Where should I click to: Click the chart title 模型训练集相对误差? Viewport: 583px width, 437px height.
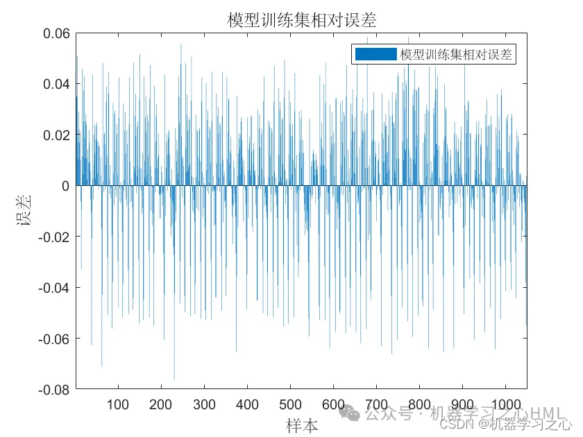(302, 20)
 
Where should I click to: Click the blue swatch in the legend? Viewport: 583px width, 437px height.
(375, 55)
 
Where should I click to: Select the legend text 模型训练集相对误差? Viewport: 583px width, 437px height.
(456, 55)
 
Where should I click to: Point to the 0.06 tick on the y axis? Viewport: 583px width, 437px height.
(56, 33)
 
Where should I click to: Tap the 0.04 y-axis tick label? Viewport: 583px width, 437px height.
(56, 84)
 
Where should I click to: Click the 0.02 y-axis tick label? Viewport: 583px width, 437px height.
(56, 135)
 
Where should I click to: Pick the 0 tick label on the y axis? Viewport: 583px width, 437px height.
(66, 186)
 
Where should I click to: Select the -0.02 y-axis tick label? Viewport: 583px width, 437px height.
(53, 237)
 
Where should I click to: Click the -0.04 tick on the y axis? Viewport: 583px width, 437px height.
(53, 287)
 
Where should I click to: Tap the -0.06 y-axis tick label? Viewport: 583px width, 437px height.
(53, 339)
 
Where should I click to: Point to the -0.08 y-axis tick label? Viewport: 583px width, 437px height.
(53, 389)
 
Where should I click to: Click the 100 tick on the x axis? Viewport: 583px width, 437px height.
(118, 405)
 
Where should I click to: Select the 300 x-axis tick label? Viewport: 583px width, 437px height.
(204, 405)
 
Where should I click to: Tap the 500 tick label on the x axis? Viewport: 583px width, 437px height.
(290, 405)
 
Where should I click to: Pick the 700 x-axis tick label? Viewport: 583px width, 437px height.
(376, 405)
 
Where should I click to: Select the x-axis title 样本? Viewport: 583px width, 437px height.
(301, 425)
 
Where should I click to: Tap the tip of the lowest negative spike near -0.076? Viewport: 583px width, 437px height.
(174, 379)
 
